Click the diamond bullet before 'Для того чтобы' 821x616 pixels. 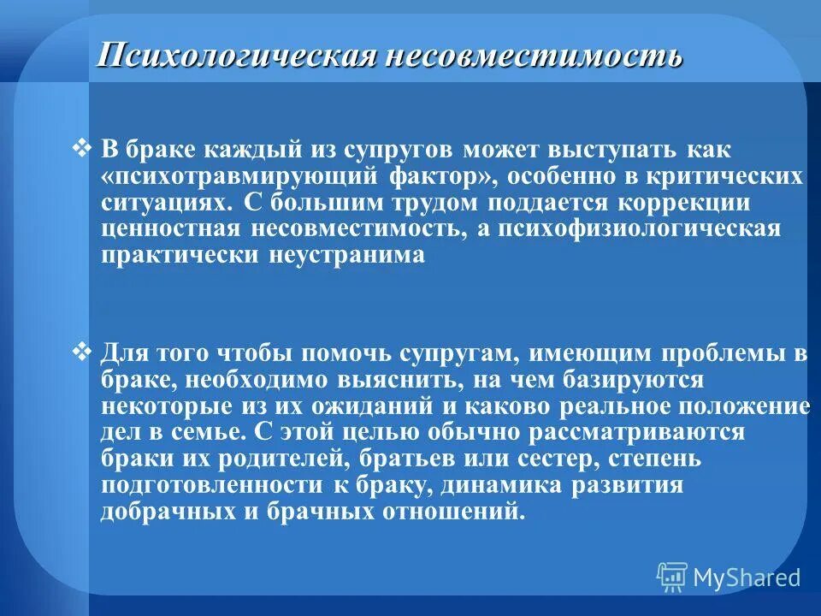click(x=83, y=350)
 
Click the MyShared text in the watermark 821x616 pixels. click(x=747, y=577)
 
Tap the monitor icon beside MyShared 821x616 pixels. click(x=672, y=577)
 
